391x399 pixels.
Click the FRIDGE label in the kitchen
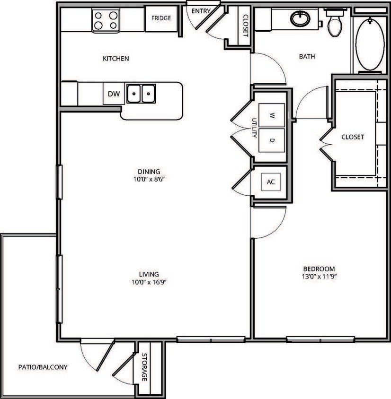point(161,18)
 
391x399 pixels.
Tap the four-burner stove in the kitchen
point(106,20)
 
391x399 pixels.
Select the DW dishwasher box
point(114,94)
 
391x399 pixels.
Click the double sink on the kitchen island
point(141,93)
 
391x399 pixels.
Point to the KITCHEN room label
point(116,59)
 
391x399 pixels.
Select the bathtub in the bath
point(370,45)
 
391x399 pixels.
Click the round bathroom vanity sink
point(299,19)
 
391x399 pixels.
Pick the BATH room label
point(307,57)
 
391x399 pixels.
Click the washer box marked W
point(272,115)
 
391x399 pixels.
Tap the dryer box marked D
point(272,140)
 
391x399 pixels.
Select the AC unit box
point(271,182)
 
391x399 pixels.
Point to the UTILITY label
point(254,128)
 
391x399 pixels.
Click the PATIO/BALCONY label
point(43,367)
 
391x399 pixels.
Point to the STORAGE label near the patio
point(143,367)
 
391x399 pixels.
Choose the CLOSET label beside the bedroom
point(353,137)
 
